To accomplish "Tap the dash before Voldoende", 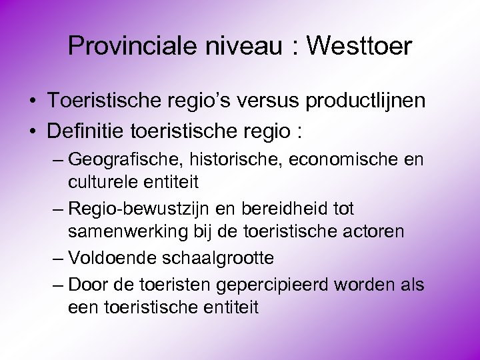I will tap(57, 258).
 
